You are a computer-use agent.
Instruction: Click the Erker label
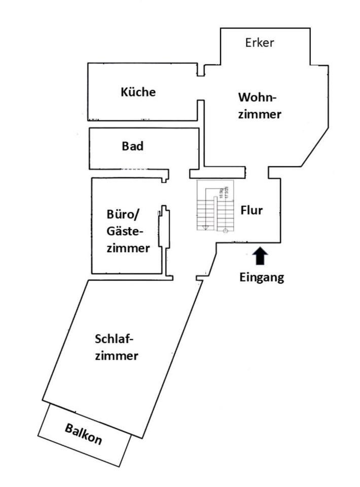click(x=259, y=43)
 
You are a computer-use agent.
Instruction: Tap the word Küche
click(x=138, y=92)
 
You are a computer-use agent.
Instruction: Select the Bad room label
click(x=133, y=147)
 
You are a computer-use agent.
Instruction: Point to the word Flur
click(x=251, y=210)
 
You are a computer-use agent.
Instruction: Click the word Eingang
click(x=262, y=277)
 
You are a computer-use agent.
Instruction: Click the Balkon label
click(x=83, y=434)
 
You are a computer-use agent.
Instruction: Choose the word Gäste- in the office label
click(x=125, y=231)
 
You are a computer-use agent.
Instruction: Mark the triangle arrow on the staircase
click(x=205, y=227)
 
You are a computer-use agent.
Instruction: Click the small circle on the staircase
click(x=225, y=230)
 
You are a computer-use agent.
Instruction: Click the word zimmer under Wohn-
click(x=260, y=114)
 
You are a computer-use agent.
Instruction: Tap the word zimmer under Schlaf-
click(x=116, y=356)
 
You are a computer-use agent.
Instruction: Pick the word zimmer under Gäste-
click(x=128, y=249)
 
